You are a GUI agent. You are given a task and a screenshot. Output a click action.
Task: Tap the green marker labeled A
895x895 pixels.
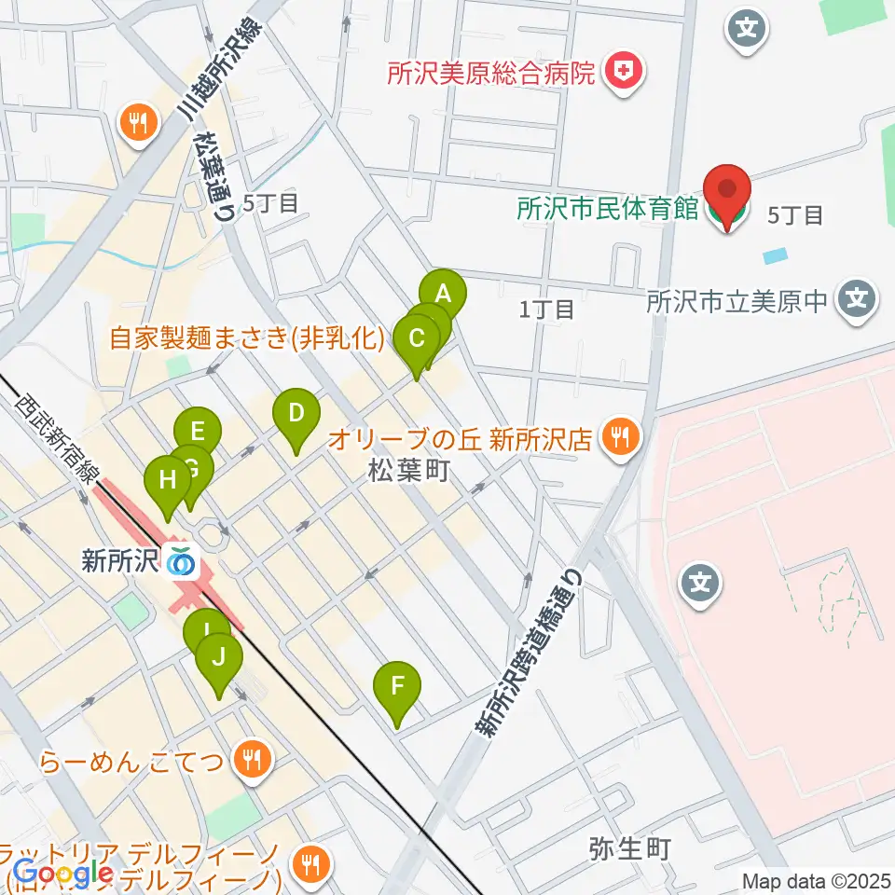[443, 296]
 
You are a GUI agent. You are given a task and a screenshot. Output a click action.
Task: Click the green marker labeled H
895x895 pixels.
[167, 481]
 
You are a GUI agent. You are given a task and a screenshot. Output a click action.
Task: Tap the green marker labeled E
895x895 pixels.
[198, 432]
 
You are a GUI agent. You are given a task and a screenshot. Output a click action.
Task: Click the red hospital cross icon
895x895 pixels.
[618, 72]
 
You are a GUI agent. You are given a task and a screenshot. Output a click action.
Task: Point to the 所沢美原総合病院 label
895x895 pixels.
[490, 72]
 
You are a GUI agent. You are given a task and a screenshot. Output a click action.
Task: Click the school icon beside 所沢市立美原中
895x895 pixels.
[856, 301]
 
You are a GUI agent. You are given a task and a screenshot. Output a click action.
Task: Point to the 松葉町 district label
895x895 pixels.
[408, 471]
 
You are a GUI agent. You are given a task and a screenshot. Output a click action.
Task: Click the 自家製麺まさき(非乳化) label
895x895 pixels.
[246, 338]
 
